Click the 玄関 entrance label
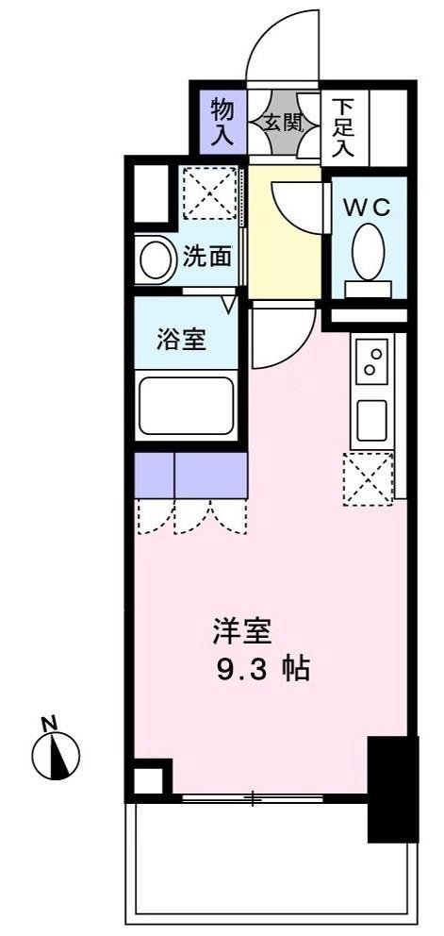pyautogui.click(x=284, y=122)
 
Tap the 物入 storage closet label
pyautogui.click(x=222, y=120)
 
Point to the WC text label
pyautogui.click(x=367, y=209)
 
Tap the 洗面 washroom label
pyautogui.click(x=207, y=257)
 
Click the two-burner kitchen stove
pyautogui.click(x=372, y=361)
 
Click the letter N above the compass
pyautogui.click(x=50, y=725)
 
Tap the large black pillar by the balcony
pyautogui.click(x=391, y=787)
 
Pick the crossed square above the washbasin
pyautogui.click(x=207, y=192)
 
